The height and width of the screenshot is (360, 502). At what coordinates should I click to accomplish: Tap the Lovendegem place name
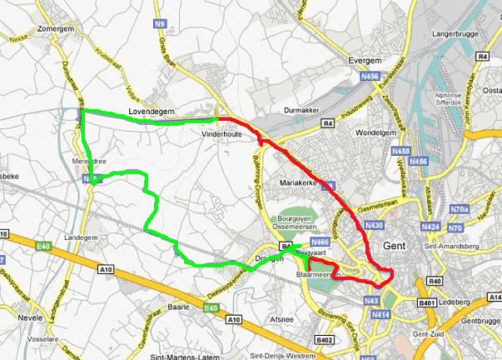point(150,111)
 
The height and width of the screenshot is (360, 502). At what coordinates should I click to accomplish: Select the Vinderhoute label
point(221,132)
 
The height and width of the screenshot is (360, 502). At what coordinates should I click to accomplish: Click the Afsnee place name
point(281,318)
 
